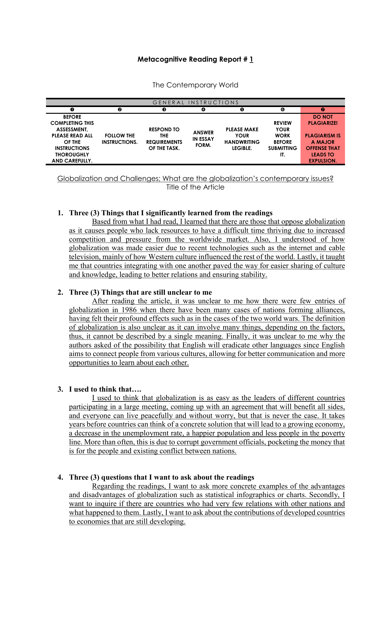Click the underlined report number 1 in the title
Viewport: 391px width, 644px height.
(x=251, y=59)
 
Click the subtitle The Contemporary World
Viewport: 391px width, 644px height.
(x=195, y=85)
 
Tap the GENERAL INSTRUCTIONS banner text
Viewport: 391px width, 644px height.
(x=195, y=102)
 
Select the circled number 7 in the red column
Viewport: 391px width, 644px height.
(x=323, y=109)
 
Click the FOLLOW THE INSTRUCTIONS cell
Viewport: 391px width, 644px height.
(x=120, y=139)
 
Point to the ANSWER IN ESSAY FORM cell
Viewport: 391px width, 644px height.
(x=203, y=139)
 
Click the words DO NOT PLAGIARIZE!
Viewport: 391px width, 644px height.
(x=323, y=120)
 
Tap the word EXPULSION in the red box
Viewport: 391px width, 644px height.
(x=323, y=161)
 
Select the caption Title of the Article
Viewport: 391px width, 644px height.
(x=195, y=187)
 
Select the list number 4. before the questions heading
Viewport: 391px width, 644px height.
(x=60, y=477)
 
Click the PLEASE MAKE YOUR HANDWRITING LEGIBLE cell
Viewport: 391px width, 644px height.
(x=242, y=139)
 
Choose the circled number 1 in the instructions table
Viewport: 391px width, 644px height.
(x=72, y=109)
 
